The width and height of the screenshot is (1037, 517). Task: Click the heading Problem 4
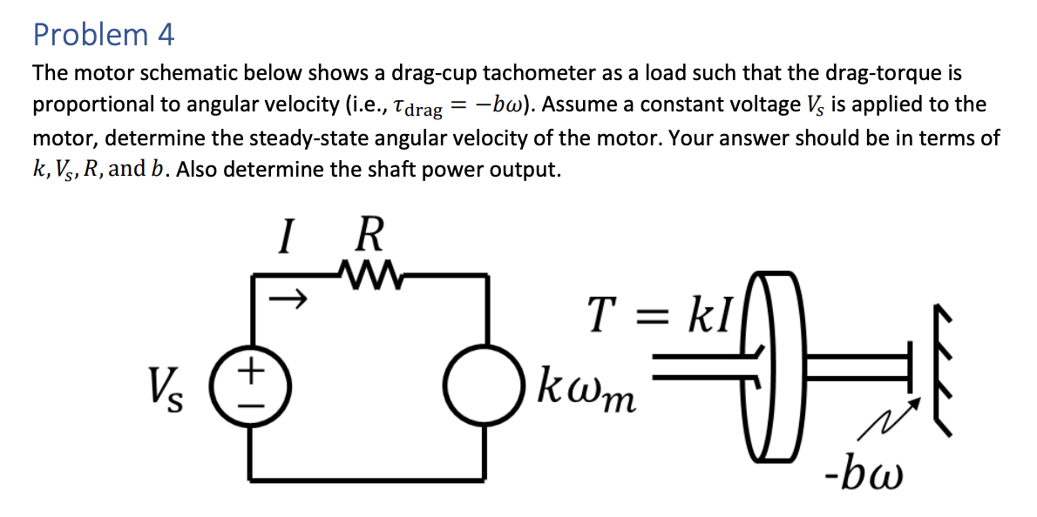104,35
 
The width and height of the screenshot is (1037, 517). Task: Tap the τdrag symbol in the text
420,107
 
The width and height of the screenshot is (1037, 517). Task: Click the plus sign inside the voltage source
253,369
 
